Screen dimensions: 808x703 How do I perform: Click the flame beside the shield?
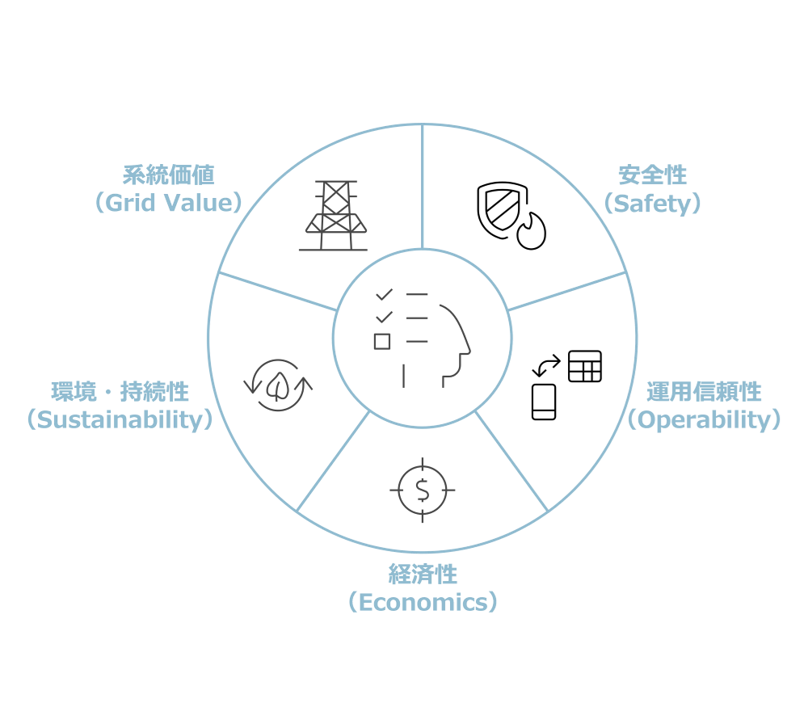point(532,231)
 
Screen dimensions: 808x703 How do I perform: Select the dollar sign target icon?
point(423,490)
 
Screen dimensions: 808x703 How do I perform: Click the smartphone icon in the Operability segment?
point(544,402)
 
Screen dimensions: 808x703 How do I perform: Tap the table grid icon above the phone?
point(585,366)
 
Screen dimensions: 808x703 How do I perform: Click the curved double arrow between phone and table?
point(546,365)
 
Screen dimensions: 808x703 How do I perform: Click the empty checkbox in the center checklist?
point(382,342)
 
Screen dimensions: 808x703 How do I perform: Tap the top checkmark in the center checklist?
point(385,295)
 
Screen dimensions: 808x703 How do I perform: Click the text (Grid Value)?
point(169,203)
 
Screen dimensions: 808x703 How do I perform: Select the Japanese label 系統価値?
point(169,175)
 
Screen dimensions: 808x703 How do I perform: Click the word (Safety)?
point(652,204)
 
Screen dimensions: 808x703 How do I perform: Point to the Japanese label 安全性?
point(652,175)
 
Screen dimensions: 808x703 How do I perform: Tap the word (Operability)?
point(704,420)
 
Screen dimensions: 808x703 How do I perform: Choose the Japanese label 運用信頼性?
point(704,392)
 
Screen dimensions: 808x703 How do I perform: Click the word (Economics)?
point(423,602)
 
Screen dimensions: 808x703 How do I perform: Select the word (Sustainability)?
point(120,420)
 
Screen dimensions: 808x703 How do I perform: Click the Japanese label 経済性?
point(423,575)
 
